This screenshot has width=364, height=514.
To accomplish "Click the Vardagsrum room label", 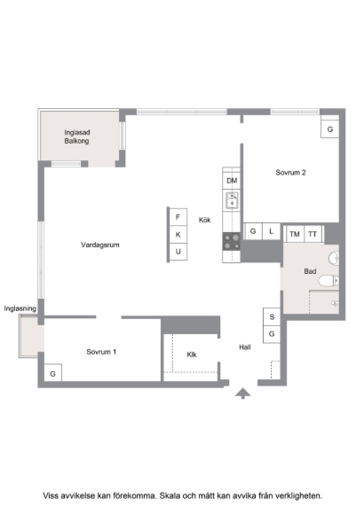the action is click(x=100, y=245).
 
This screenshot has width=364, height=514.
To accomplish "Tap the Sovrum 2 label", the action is click(x=290, y=173).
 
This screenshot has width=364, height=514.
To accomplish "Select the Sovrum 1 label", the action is click(x=101, y=352).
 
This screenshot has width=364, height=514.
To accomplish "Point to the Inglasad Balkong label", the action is click(x=77, y=136).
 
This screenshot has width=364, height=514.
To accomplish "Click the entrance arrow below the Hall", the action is click(x=242, y=393).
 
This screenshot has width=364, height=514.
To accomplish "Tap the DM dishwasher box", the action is click(x=232, y=181).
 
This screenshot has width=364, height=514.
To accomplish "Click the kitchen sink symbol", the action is click(x=232, y=200).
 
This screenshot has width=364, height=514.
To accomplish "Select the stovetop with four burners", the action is click(x=232, y=242).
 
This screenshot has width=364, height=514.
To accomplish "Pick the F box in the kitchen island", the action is click(x=178, y=217).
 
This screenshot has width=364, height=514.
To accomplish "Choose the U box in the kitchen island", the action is click(x=178, y=252).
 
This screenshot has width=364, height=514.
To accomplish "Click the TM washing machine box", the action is click(x=295, y=234).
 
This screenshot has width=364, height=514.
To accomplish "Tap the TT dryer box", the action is click(x=313, y=234).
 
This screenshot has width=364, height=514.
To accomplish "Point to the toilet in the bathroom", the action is click(x=328, y=281).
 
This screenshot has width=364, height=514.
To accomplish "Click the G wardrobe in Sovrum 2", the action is click(x=330, y=129).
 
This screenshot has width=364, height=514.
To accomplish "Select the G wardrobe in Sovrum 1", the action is click(x=52, y=373).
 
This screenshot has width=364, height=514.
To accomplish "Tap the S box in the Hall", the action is click(x=272, y=317).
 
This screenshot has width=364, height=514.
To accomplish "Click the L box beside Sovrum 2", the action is click(x=271, y=231).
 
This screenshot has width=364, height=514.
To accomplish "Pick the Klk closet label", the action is click(x=192, y=354).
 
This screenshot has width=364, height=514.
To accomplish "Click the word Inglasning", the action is click(x=20, y=308).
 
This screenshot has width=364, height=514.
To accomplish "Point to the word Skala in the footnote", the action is click(x=170, y=496).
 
